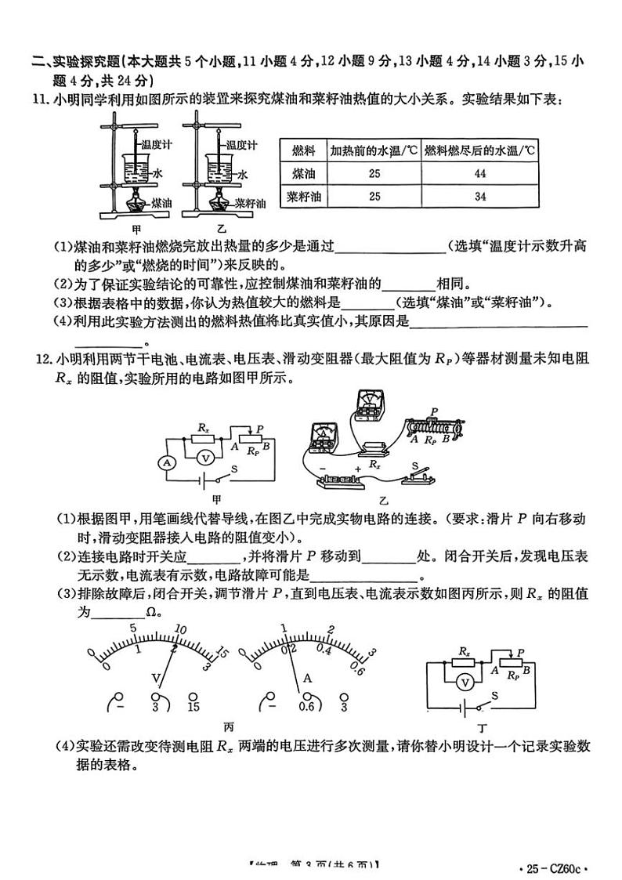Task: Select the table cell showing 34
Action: pos(479,197)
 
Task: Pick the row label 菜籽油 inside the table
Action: pos(302,197)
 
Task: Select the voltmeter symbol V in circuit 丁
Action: pos(465,682)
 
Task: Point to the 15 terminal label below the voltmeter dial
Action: pos(194,708)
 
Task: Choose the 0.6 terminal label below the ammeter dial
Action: pos(306,708)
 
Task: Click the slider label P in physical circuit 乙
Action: pos(433,411)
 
